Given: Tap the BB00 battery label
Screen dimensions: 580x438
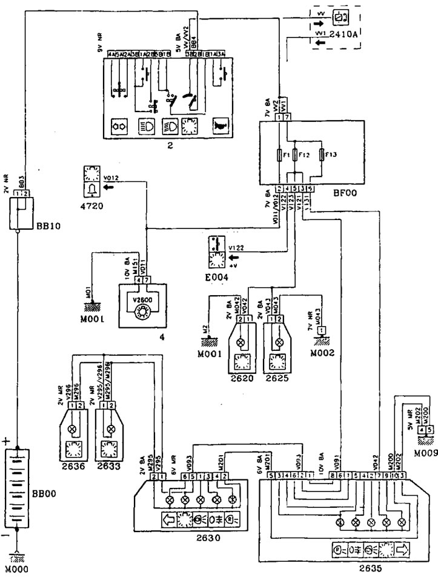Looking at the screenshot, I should pos(50,492).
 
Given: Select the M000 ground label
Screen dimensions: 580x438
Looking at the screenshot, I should pos(17,569).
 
